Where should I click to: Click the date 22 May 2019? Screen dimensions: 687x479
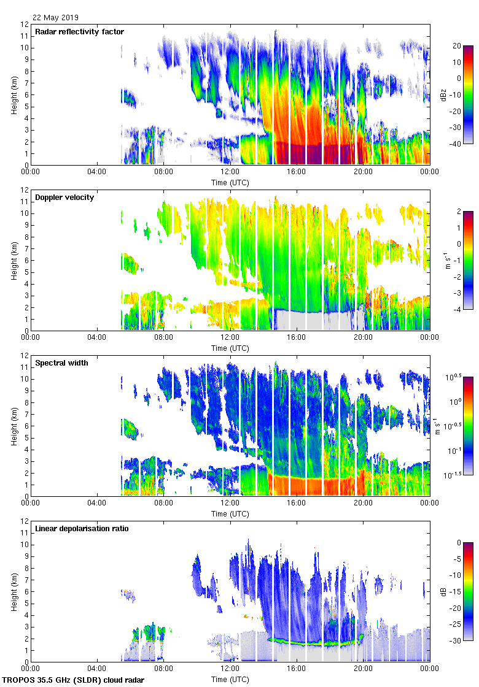56,18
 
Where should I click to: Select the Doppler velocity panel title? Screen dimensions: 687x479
64,198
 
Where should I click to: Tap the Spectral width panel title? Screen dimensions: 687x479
63,363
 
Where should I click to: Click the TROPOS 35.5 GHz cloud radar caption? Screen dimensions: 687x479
74,680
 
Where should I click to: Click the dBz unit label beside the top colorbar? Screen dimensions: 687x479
444,94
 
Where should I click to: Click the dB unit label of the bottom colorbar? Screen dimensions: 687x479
444,591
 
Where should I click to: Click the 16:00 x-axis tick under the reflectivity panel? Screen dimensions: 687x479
297,172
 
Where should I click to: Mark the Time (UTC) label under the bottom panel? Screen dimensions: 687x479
230,679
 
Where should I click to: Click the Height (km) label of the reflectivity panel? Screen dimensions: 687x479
14,94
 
